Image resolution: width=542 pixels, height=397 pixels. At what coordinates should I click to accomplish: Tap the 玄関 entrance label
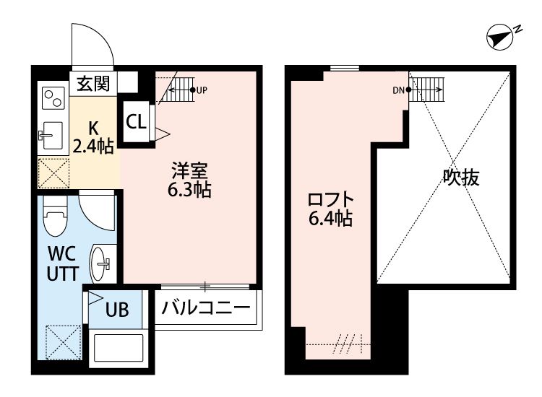click(x=93, y=84)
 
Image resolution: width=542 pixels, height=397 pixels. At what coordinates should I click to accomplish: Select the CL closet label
click(x=136, y=121)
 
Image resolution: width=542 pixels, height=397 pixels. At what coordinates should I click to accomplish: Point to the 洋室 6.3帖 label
click(x=189, y=181)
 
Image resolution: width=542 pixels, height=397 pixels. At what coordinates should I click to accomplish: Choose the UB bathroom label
click(x=118, y=310)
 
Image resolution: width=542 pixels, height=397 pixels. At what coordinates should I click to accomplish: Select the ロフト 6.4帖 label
click(x=330, y=209)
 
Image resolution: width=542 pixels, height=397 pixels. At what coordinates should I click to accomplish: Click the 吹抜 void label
click(x=461, y=178)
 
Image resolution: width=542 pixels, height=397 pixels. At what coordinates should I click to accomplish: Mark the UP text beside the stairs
click(x=202, y=90)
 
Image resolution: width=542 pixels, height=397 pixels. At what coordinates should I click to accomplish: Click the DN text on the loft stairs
click(x=398, y=90)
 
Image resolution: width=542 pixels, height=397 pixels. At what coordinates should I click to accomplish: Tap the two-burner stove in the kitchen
click(x=52, y=97)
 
